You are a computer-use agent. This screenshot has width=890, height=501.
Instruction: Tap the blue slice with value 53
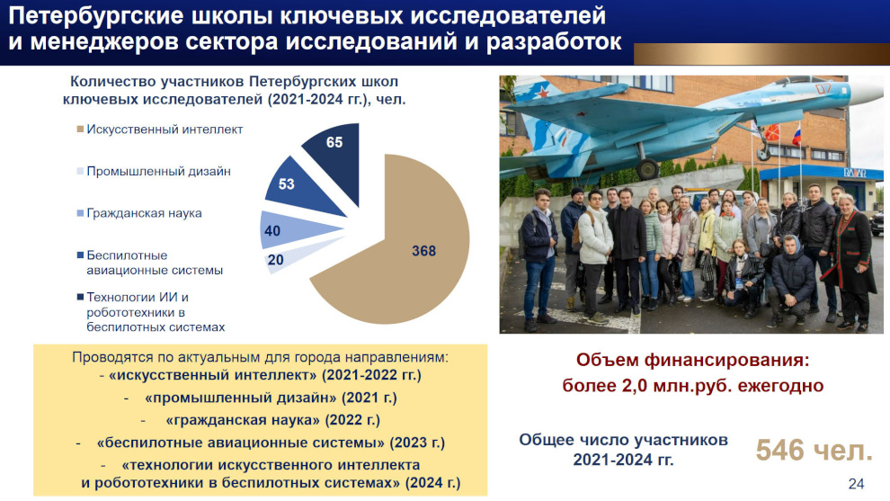(x=294, y=186)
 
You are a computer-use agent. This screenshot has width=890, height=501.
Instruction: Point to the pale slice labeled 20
(x=284, y=256)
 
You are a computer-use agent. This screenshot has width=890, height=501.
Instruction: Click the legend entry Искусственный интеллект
(x=160, y=130)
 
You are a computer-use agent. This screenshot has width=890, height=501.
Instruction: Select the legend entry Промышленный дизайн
(x=154, y=172)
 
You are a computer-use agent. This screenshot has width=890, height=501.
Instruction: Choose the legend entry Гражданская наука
(x=139, y=213)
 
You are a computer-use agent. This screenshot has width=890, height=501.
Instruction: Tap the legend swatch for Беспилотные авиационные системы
(x=80, y=255)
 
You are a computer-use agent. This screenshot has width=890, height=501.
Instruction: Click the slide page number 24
(x=856, y=484)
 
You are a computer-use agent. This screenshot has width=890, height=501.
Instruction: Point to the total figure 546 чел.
(x=814, y=451)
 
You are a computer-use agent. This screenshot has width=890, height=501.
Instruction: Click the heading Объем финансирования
(x=692, y=360)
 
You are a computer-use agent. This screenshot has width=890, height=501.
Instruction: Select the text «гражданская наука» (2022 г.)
(x=272, y=420)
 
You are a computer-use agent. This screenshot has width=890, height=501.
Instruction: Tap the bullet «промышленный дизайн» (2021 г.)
(x=271, y=398)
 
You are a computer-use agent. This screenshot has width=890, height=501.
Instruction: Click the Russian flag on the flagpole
(x=797, y=137)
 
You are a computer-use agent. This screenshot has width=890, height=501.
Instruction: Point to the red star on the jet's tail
(x=543, y=91)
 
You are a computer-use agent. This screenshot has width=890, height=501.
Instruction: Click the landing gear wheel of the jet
(x=647, y=169)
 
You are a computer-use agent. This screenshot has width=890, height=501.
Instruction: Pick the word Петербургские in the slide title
(x=96, y=17)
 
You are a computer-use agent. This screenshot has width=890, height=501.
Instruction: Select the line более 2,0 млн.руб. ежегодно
(x=692, y=386)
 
